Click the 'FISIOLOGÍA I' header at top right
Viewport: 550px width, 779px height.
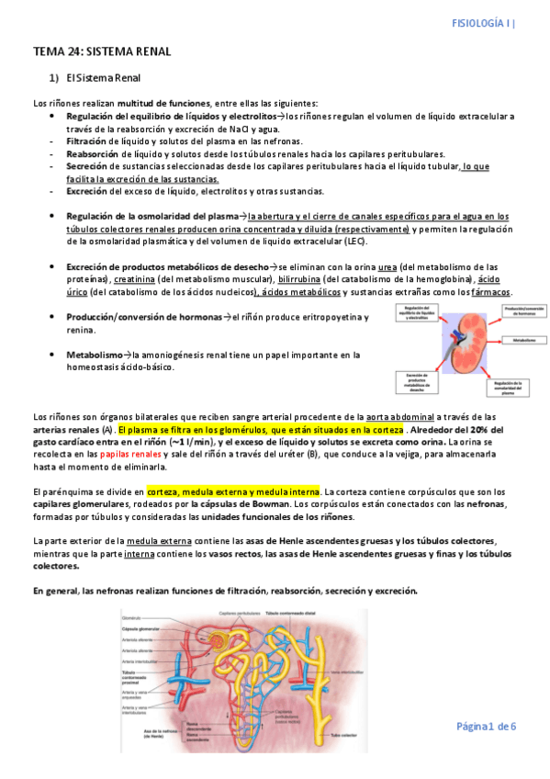(484, 23)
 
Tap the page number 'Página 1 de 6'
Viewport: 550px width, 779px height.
(487, 726)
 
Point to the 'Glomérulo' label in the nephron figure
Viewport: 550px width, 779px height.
(132, 618)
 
